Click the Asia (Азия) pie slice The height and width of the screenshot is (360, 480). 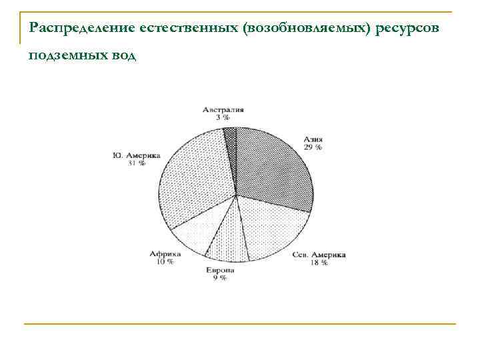pyautogui.click(x=273, y=167)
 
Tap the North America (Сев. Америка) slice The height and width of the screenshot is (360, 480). pyautogui.click(x=270, y=227)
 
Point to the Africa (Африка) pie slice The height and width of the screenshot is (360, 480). pyautogui.click(x=200, y=230)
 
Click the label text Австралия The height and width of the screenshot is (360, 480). pyautogui.click(x=223, y=109)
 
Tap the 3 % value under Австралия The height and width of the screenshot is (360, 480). pyautogui.click(x=223, y=117)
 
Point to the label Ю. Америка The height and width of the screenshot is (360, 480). pyautogui.click(x=136, y=155)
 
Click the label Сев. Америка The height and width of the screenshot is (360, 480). pyautogui.click(x=319, y=255)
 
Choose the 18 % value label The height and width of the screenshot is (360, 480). pyautogui.click(x=319, y=263)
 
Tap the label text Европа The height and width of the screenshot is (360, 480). pyautogui.click(x=220, y=270)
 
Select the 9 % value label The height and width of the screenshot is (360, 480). pyautogui.click(x=220, y=278)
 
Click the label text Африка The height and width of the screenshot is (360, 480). pyautogui.click(x=165, y=254)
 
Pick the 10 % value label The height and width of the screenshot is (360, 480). pyautogui.click(x=165, y=262)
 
